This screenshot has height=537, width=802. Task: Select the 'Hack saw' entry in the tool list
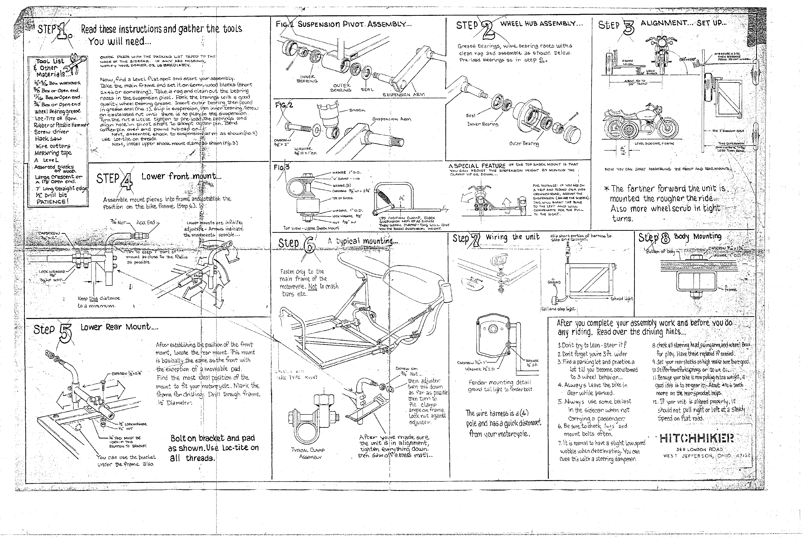point(48,139)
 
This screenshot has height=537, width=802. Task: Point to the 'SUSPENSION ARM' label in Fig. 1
point(404,94)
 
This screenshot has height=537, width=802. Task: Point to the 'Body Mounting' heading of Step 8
point(697,236)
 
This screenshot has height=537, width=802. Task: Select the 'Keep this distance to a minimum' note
point(97,302)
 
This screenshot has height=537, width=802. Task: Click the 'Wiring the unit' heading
point(512,237)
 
